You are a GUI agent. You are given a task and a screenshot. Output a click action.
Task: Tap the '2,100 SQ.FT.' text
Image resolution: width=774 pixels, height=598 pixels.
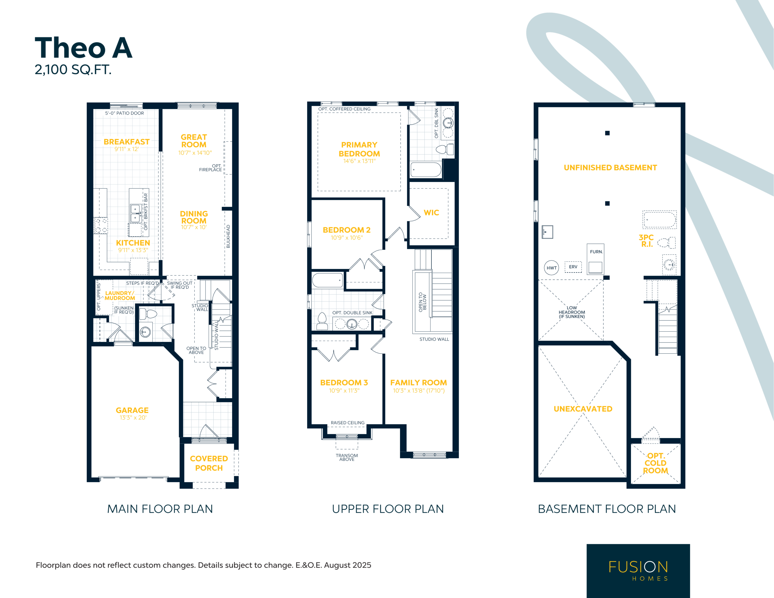pyautogui.click(x=73, y=70)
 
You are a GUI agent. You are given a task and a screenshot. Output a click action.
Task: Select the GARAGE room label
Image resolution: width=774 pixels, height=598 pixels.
pyautogui.click(x=132, y=410)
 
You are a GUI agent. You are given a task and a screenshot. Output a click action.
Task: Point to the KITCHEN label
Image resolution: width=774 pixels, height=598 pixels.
pyautogui.click(x=133, y=243)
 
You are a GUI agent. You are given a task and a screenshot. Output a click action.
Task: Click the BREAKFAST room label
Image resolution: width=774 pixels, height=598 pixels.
pyautogui.click(x=126, y=142)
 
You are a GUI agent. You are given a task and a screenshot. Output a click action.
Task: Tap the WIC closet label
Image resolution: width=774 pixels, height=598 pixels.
pyautogui.click(x=431, y=213)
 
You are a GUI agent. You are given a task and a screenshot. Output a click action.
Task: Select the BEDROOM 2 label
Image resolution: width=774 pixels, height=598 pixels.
pyautogui.click(x=346, y=230)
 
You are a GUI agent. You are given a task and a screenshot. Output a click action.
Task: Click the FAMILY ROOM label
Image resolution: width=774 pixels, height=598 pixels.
pyautogui.click(x=418, y=382)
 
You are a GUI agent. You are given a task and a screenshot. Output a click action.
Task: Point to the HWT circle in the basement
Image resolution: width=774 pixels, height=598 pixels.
pyautogui.click(x=551, y=268)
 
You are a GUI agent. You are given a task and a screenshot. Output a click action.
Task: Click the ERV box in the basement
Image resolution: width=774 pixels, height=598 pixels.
pyautogui.click(x=573, y=267)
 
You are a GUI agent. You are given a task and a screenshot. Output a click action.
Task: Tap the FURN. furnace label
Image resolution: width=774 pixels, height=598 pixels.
pyautogui.click(x=596, y=252)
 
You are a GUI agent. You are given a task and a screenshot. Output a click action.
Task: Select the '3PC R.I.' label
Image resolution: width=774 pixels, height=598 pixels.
pyautogui.click(x=646, y=241)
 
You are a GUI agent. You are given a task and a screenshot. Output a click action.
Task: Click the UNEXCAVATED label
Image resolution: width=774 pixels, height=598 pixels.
pyautogui.click(x=583, y=409)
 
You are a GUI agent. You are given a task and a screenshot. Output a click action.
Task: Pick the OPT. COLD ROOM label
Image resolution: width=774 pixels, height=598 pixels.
pyautogui.click(x=655, y=463)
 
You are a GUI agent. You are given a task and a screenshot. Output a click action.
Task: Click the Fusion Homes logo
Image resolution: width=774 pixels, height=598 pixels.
pyautogui.click(x=638, y=571)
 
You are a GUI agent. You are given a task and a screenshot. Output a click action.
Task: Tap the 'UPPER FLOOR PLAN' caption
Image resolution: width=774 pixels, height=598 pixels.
pyautogui.click(x=388, y=509)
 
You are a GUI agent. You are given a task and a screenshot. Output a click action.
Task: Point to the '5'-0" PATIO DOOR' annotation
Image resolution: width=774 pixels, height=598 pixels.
pyautogui.click(x=124, y=113)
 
